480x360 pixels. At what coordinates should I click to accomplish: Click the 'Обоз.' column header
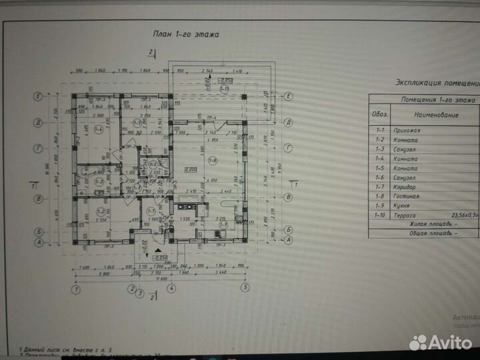(381, 115)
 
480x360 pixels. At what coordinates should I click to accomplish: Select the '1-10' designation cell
(381, 216)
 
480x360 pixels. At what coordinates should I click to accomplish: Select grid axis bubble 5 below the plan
(245, 288)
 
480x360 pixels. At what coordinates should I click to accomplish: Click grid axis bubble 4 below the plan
(171, 289)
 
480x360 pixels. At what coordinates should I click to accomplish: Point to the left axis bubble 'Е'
(39, 97)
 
